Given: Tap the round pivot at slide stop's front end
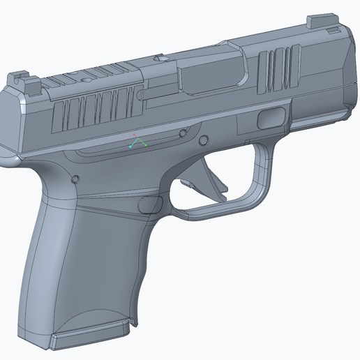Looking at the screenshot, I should (184, 133).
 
